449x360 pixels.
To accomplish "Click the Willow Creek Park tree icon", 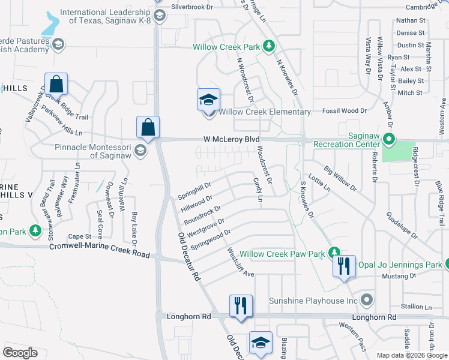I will click(x=270, y=46).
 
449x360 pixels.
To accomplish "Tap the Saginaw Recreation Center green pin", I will click(x=388, y=141).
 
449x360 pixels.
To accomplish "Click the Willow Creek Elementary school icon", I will click(x=209, y=100).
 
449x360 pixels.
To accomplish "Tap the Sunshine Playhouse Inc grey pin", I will click(x=368, y=300).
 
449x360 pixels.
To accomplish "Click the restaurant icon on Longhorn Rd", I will click(x=241, y=305).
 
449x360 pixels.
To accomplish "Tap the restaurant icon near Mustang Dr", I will click(x=344, y=266).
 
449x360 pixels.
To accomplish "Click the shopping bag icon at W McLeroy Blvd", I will click(x=148, y=127).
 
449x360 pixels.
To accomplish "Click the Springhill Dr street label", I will click(x=194, y=191).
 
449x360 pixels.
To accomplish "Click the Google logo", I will click(x=20, y=353).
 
